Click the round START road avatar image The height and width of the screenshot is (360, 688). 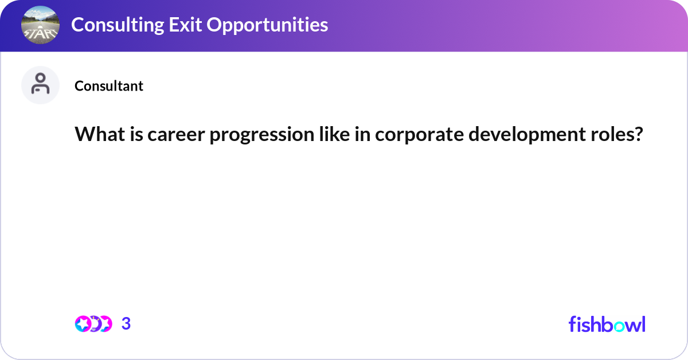[x=40, y=25]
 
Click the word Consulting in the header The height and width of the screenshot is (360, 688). [x=118, y=25]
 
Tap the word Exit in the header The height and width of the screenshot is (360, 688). [x=185, y=24]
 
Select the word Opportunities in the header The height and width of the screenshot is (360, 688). [x=267, y=25]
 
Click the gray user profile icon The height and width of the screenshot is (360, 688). [x=40, y=85]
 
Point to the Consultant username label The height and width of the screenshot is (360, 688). [x=109, y=85]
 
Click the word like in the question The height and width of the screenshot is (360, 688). [x=334, y=134]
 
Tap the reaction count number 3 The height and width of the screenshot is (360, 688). [x=126, y=324]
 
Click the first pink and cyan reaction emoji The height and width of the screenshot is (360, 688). [x=83, y=324]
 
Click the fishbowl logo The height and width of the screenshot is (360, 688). [x=607, y=324]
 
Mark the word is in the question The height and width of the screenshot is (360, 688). [x=136, y=134]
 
